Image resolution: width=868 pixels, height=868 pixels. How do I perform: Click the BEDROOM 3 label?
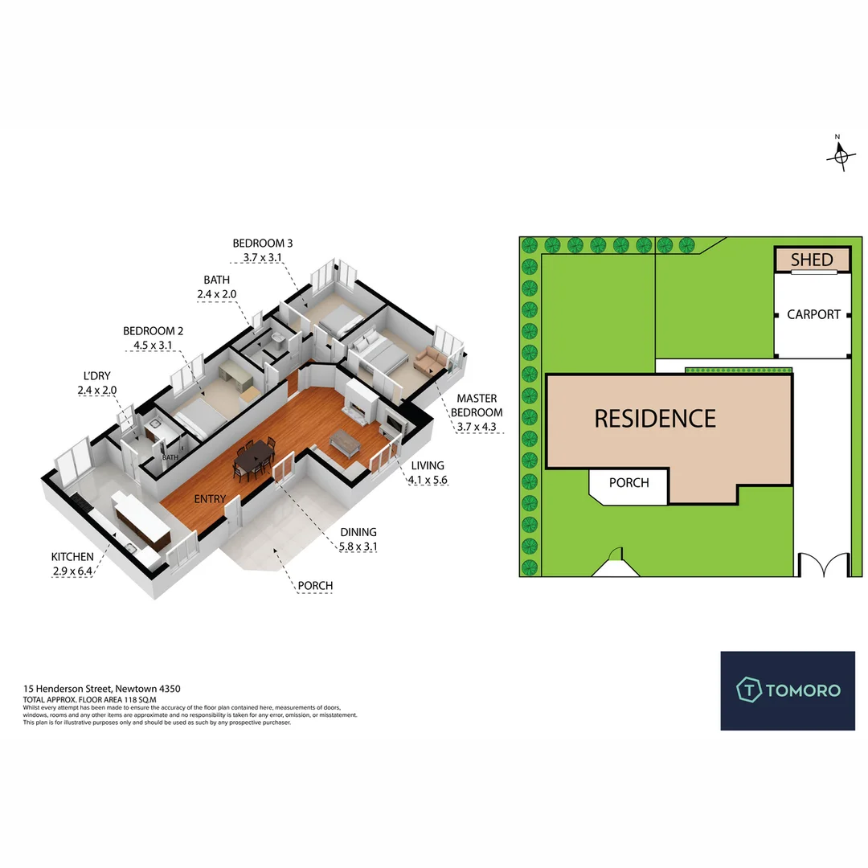(263, 243)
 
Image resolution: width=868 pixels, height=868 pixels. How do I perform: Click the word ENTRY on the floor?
(210, 499)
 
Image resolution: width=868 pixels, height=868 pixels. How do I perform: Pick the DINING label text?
(358, 532)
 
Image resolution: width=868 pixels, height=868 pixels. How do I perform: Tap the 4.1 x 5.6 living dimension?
(427, 480)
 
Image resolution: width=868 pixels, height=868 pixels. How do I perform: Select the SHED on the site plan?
(813, 260)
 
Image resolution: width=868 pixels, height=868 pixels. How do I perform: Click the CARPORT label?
(813, 314)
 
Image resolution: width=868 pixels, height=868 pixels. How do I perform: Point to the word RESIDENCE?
(655, 419)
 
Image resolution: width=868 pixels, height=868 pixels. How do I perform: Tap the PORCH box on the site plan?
(628, 483)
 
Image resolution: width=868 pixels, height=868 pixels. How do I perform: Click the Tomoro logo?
(787, 690)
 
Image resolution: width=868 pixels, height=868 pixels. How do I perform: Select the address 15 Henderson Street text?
(102, 689)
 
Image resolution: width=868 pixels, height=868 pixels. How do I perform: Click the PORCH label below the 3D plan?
(314, 586)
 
